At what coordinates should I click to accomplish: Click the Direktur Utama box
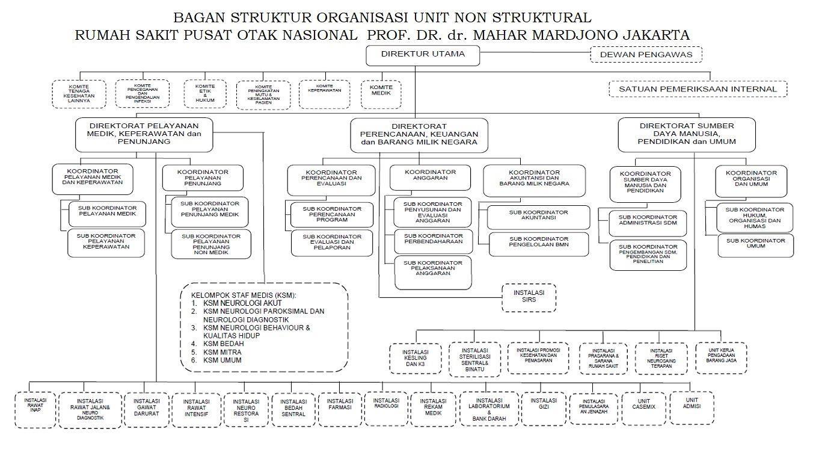[423, 55]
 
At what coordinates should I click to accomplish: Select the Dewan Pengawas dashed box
[646, 55]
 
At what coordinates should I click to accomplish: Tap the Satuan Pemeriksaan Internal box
[698, 89]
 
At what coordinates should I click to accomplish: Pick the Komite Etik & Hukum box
[205, 94]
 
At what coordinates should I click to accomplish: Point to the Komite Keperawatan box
[324, 94]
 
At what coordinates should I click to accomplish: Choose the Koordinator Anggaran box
[431, 177]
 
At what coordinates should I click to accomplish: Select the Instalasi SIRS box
[529, 297]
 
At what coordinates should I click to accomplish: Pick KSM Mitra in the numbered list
[213, 351]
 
